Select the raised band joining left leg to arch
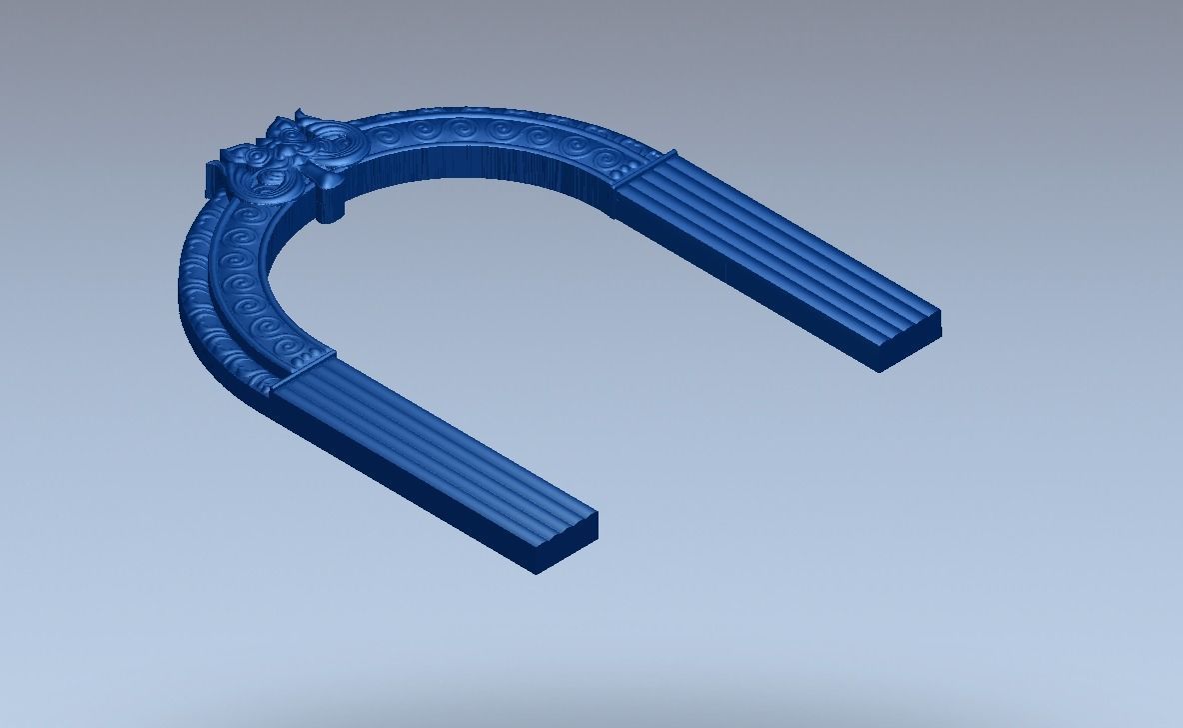point(304,368)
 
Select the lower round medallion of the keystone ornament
point(265,180)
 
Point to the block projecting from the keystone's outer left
point(213,178)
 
